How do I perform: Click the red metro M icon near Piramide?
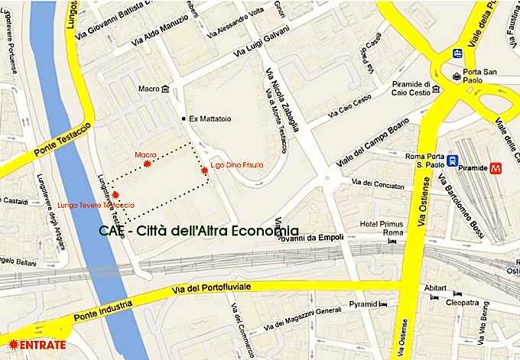click(497, 165)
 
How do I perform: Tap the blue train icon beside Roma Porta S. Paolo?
click(453, 161)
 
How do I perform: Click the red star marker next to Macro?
click(148, 162)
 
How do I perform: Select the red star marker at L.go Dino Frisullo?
click(205, 173)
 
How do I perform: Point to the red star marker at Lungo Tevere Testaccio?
click(115, 195)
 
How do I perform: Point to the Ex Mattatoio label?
click(211, 119)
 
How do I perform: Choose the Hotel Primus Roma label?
click(380, 229)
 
